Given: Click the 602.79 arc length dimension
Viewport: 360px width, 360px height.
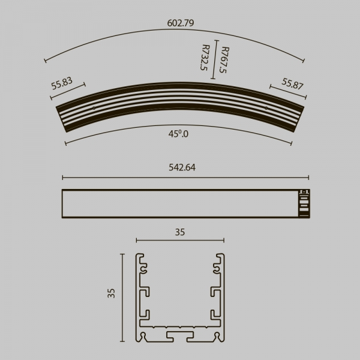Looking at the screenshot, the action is click(181, 23).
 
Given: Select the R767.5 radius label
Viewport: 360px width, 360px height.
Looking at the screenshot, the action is click(224, 60).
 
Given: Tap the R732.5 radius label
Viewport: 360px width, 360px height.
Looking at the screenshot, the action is click(205, 58).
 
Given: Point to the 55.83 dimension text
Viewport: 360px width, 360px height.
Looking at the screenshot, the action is click(62, 83).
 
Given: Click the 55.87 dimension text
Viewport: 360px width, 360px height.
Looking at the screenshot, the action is click(293, 83).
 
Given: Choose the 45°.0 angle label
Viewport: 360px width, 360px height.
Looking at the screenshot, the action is click(178, 134).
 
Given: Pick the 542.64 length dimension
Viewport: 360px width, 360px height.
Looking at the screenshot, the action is click(182, 167).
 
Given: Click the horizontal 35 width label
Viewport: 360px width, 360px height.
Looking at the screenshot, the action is click(180, 232).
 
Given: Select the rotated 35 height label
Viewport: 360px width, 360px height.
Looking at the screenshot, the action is click(111, 293).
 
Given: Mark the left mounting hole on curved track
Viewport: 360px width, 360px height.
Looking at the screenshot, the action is click(94, 108).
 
